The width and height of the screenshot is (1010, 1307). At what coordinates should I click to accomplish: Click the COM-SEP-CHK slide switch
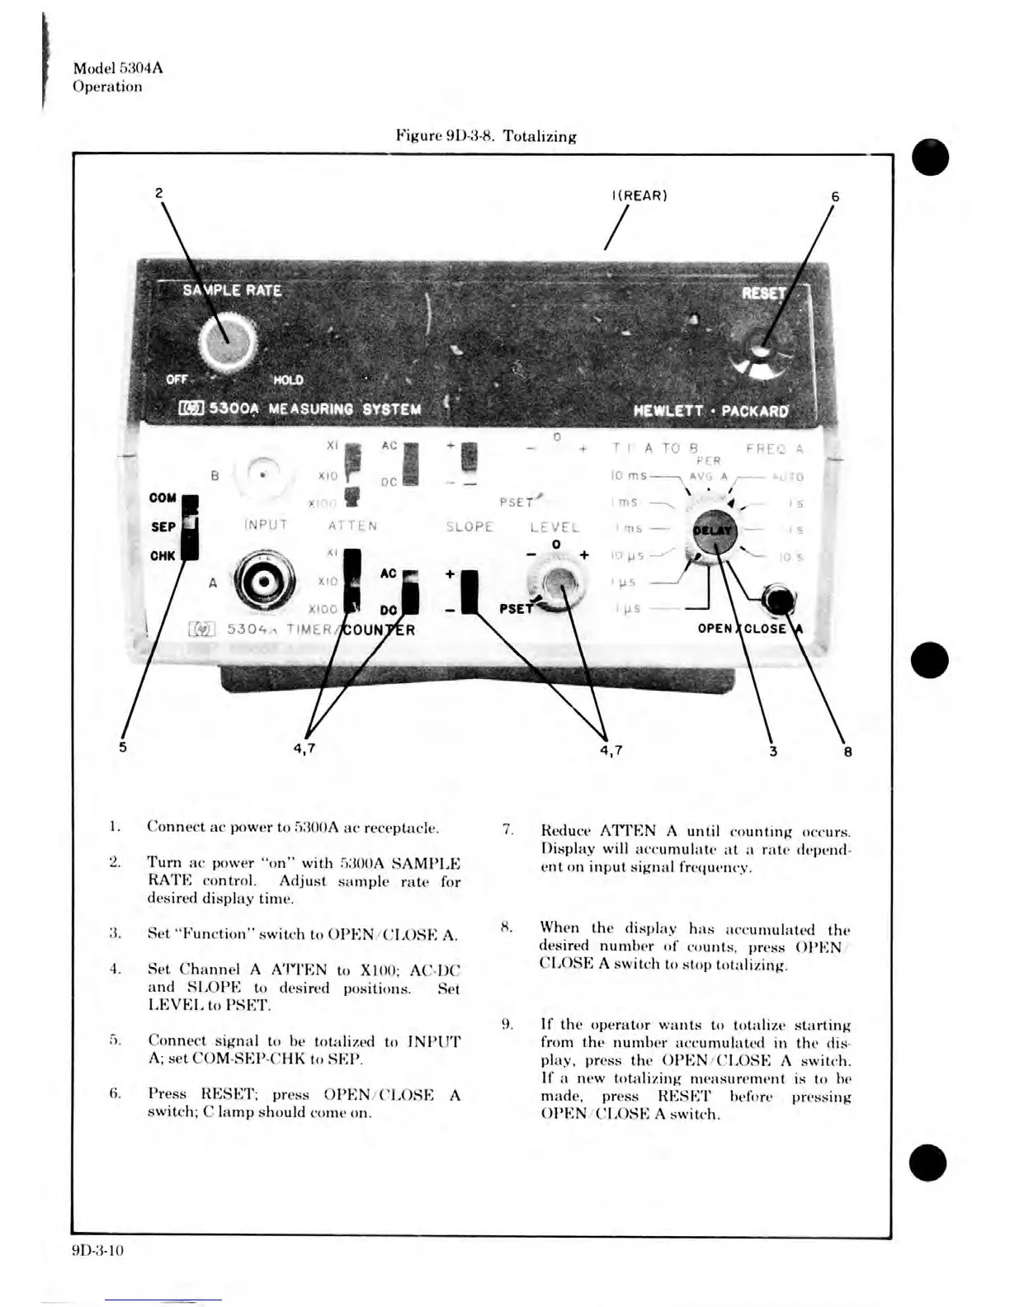click(189, 528)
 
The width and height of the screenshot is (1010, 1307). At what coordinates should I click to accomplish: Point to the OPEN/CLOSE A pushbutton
click(778, 600)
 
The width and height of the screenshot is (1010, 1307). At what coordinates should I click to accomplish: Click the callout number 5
click(123, 748)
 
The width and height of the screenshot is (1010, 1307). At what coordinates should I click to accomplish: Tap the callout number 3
click(773, 750)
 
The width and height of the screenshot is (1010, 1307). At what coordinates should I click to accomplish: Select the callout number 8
click(847, 751)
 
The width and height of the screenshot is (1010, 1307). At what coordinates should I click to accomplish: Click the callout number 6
click(835, 196)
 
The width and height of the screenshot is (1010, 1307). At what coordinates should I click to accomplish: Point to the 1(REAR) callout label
click(640, 196)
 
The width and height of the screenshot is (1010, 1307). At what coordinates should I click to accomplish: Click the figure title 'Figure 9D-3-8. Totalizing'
click(486, 136)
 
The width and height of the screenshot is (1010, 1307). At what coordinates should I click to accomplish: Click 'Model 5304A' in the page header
click(118, 68)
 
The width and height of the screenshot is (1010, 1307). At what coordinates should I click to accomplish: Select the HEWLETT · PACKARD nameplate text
click(710, 410)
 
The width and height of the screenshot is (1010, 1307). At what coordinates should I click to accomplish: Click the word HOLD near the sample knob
click(288, 380)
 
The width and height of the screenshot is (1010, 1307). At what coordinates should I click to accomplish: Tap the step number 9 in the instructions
click(508, 1025)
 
